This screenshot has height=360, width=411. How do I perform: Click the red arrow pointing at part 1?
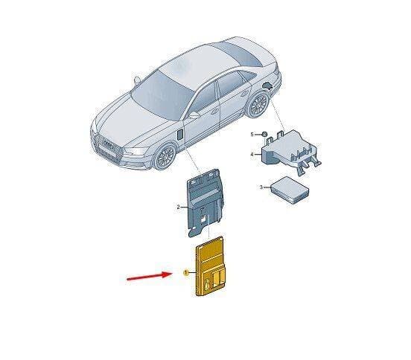[149, 276]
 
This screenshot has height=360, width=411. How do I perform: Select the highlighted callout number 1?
[186, 273]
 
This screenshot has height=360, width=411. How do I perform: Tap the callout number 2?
[178, 207]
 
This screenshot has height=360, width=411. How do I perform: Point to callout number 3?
[261, 187]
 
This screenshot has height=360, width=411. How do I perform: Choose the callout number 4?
[252, 155]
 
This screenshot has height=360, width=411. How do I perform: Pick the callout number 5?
[252, 135]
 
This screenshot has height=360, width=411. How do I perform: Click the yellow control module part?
[210, 266]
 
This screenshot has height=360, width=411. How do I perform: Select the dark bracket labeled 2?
[205, 203]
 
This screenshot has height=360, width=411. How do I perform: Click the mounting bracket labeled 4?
[291, 150]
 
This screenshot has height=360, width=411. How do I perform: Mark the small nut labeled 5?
[264, 135]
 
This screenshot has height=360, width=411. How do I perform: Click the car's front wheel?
[165, 156]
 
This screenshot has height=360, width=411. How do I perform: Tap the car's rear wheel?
[258, 104]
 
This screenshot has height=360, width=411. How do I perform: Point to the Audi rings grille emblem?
[108, 144]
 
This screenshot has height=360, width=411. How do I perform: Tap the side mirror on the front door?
[194, 115]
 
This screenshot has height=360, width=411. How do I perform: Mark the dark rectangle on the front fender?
[181, 134]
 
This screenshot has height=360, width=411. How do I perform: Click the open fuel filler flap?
[268, 86]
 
